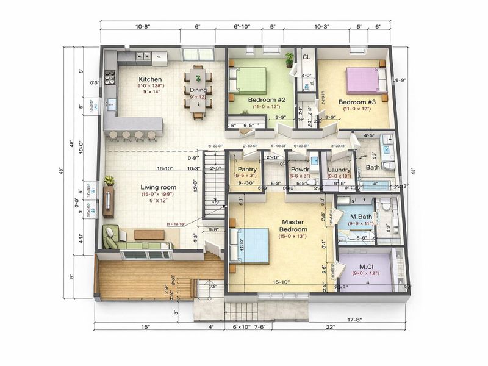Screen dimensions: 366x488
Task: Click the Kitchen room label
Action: click(149, 79)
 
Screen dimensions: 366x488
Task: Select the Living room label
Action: click(158, 187)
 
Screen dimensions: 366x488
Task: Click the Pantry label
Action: click(247, 168)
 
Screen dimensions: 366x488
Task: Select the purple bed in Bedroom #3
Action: click(363, 80)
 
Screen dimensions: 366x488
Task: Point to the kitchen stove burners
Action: click(110, 77)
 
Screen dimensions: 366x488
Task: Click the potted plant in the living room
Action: click(109, 181)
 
